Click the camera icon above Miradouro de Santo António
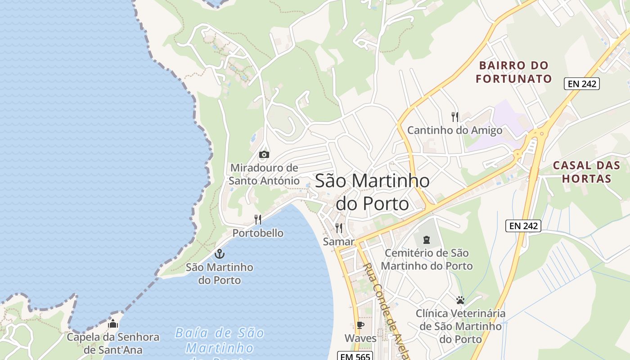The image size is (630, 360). click(264, 155)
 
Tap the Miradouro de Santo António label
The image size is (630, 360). click(264, 174)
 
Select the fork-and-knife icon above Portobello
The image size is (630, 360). click(258, 220)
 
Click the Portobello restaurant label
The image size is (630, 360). click(258, 233)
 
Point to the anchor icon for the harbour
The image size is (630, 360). click(220, 254)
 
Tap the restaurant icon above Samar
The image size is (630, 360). click(339, 228)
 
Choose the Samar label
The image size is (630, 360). click(339, 242)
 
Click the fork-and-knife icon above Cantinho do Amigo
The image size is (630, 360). click(455, 117)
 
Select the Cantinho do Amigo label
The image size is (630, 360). click(455, 130)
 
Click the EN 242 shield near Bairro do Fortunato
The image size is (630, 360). click(582, 83)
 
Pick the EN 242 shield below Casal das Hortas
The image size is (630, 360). click(523, 226)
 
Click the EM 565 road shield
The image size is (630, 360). click(355, 356)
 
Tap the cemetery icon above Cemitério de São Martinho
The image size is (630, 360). click(427, 239)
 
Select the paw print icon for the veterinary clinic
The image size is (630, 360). click(460, 300)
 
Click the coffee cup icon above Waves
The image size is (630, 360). click(360, 325)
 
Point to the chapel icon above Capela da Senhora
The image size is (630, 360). click(113, 324)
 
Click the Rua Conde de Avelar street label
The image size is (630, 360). click(385, 310)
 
